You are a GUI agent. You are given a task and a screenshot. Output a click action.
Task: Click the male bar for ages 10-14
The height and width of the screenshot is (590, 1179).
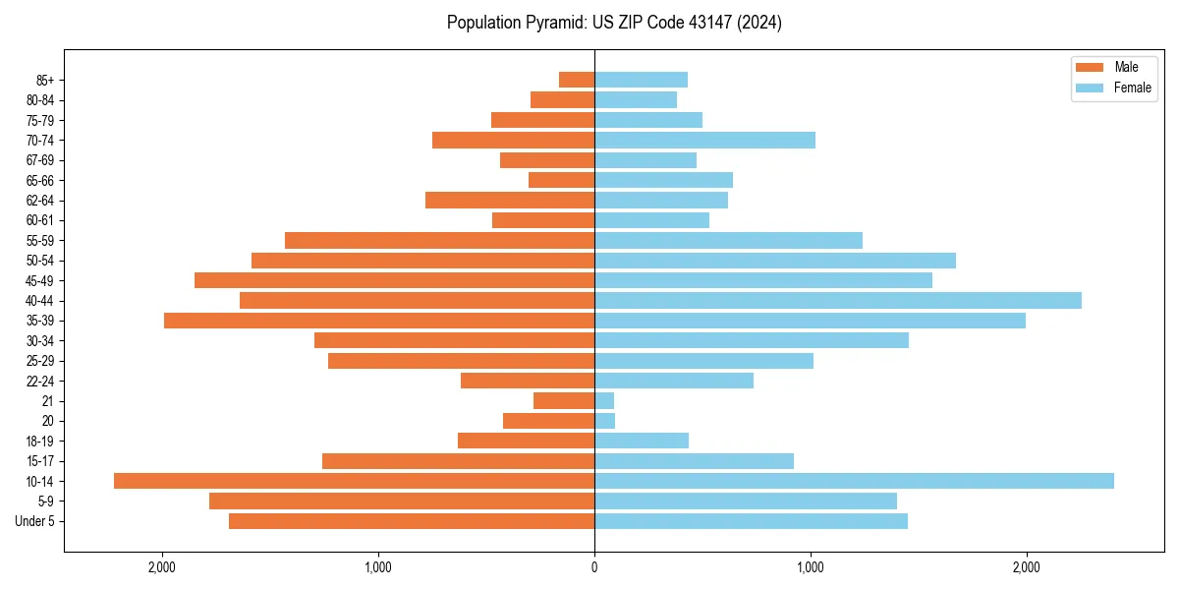point(354,481)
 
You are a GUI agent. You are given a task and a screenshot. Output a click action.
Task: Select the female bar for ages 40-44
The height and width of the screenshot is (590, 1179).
point(837,300)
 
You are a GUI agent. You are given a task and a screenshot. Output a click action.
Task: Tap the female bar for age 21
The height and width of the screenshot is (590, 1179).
point(604,400)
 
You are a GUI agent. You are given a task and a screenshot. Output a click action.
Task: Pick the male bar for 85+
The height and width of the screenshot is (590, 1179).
point(577,80)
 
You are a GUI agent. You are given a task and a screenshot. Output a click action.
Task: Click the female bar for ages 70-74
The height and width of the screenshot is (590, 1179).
point(704,140)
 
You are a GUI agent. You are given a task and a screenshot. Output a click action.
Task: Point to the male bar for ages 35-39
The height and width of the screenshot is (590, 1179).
point(379,321)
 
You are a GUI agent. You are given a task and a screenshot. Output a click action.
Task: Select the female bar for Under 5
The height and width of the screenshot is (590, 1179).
point(751,521)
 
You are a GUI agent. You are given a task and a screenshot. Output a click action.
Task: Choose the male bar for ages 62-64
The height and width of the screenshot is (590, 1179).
point(510,200)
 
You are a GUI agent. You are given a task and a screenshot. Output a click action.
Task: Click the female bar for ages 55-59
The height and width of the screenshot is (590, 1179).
point(728,240)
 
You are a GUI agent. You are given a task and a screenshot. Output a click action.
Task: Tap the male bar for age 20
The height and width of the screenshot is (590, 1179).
point(548,421)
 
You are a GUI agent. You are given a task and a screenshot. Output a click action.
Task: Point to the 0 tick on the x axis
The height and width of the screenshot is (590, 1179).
point(594,567)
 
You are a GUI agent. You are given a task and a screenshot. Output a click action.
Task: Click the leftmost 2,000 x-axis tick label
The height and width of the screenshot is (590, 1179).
point(162,567)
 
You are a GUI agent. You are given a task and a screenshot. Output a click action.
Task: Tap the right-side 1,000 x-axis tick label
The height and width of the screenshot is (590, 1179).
point(811,567)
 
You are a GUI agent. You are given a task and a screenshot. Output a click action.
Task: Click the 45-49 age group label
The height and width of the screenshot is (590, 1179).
point(40,280)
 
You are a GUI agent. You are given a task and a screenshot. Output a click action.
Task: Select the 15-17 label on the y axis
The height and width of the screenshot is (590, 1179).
point(40,461)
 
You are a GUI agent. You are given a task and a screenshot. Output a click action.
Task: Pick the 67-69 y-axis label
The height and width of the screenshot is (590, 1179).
point(40,160)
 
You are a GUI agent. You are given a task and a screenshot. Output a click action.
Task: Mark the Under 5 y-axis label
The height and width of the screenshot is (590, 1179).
point(35,521)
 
